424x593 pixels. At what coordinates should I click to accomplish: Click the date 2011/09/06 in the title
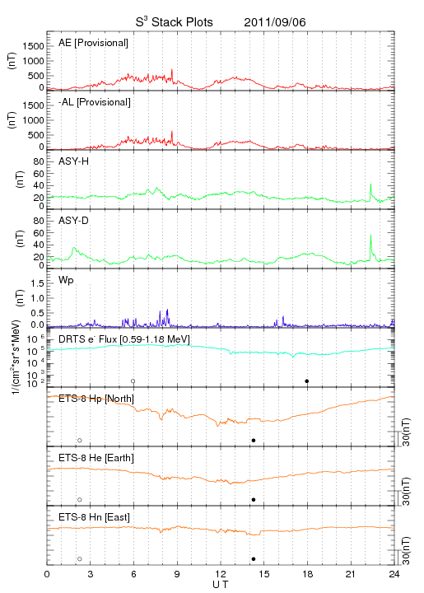point(275,22)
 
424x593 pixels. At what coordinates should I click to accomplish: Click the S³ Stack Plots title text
point(175,21)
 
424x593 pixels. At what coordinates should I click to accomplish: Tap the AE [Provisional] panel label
point(93,43)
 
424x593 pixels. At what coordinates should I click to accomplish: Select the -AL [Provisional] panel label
point(95,102)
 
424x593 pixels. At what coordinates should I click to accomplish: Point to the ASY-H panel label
point(74,161)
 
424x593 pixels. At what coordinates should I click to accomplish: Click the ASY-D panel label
point(74,221)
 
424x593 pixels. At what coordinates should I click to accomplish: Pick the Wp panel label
point(66,281)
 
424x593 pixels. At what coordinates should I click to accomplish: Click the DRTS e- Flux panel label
point(124,339)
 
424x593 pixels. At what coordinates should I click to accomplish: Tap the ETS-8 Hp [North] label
point(96,399)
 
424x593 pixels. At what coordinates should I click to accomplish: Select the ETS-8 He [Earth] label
point(96,458)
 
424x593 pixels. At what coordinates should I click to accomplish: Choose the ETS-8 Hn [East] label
point(94,517)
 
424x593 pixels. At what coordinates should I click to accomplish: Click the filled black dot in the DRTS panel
point(307,381)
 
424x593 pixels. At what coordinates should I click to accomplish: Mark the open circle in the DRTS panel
point(133,381)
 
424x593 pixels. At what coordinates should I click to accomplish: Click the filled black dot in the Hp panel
point(254,440)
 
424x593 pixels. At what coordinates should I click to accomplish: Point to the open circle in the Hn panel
point(80,559)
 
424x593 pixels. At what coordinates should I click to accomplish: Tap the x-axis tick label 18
point(308,574)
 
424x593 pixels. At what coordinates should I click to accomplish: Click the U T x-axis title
point(221,585)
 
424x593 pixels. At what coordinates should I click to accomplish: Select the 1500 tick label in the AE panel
point(33,46)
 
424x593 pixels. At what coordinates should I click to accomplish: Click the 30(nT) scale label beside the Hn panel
point(406,550)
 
